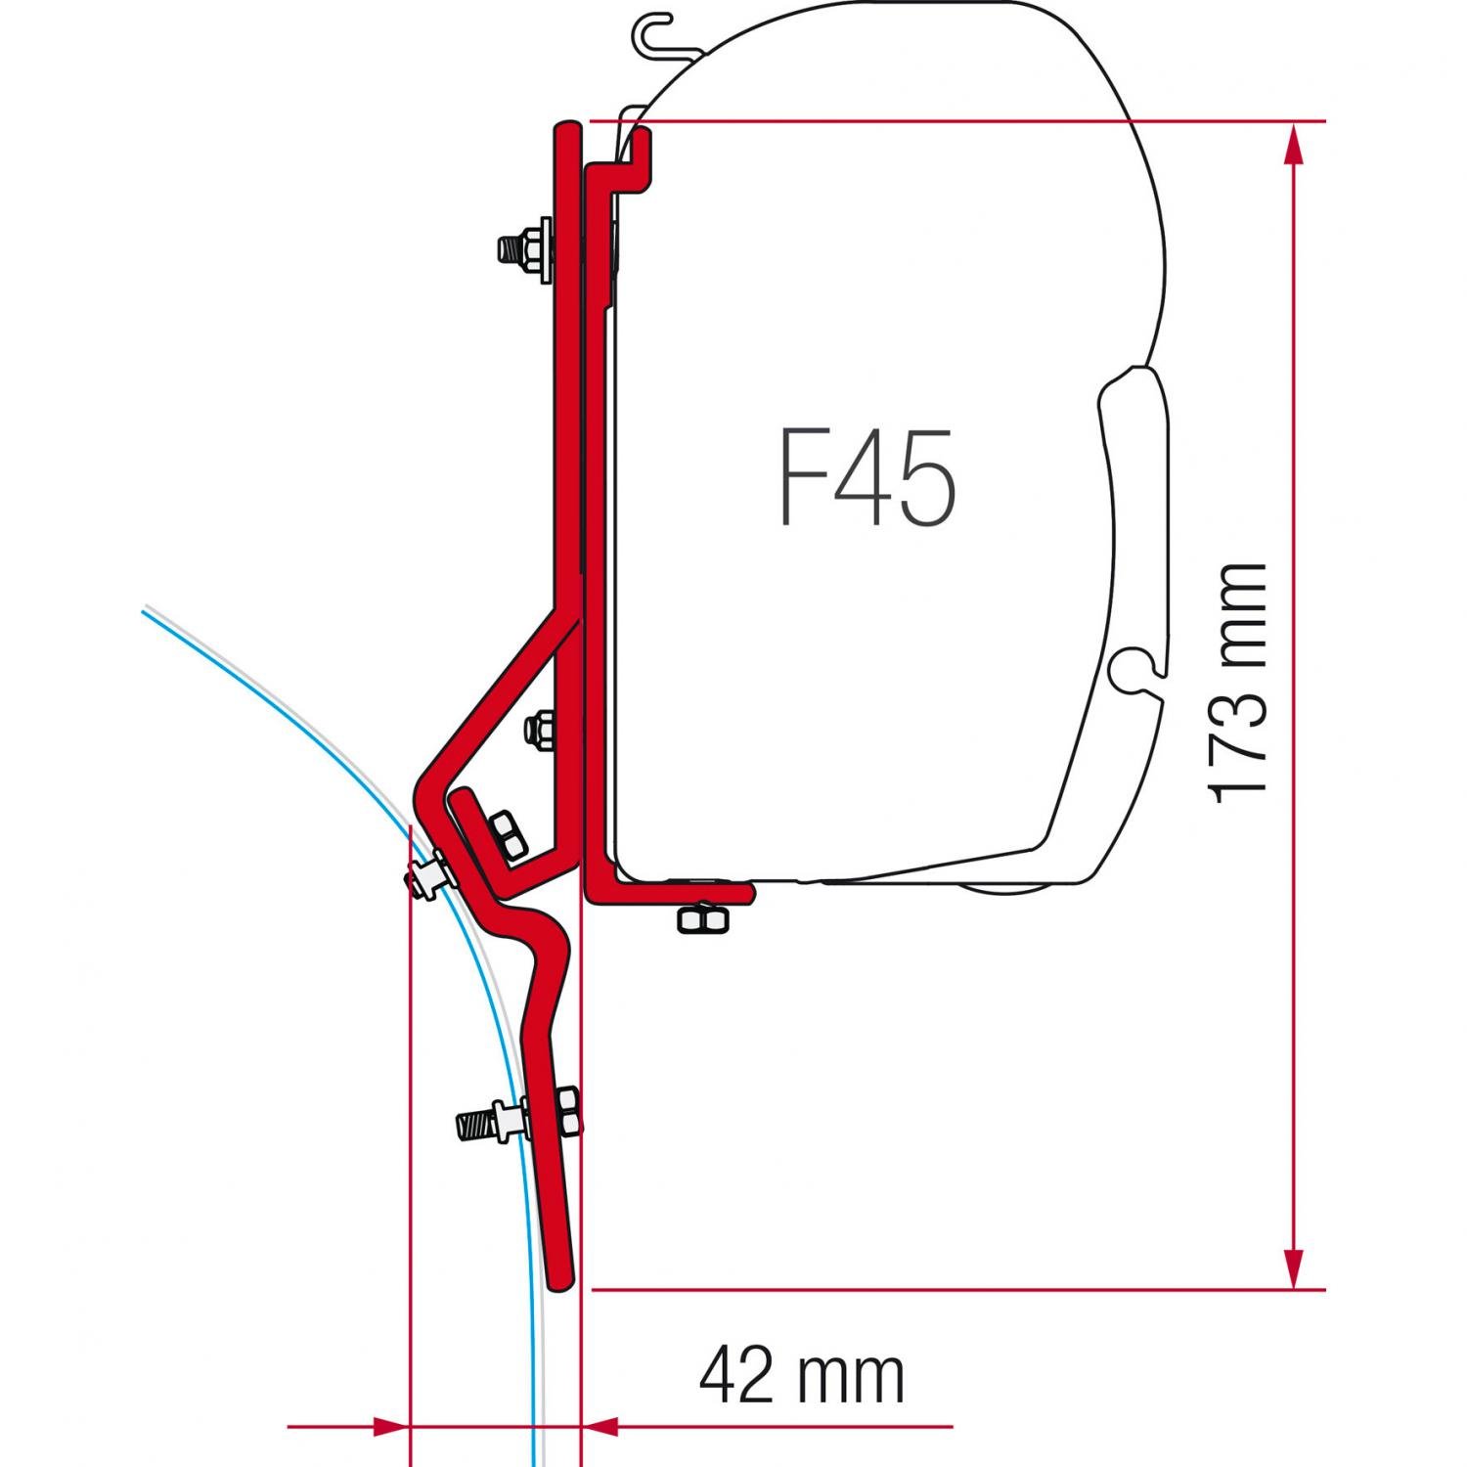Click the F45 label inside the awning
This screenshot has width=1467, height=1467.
(867, 479)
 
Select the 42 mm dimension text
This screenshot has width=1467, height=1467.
(802, 1377)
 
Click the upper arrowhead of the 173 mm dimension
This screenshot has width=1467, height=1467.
(1294, 145)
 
